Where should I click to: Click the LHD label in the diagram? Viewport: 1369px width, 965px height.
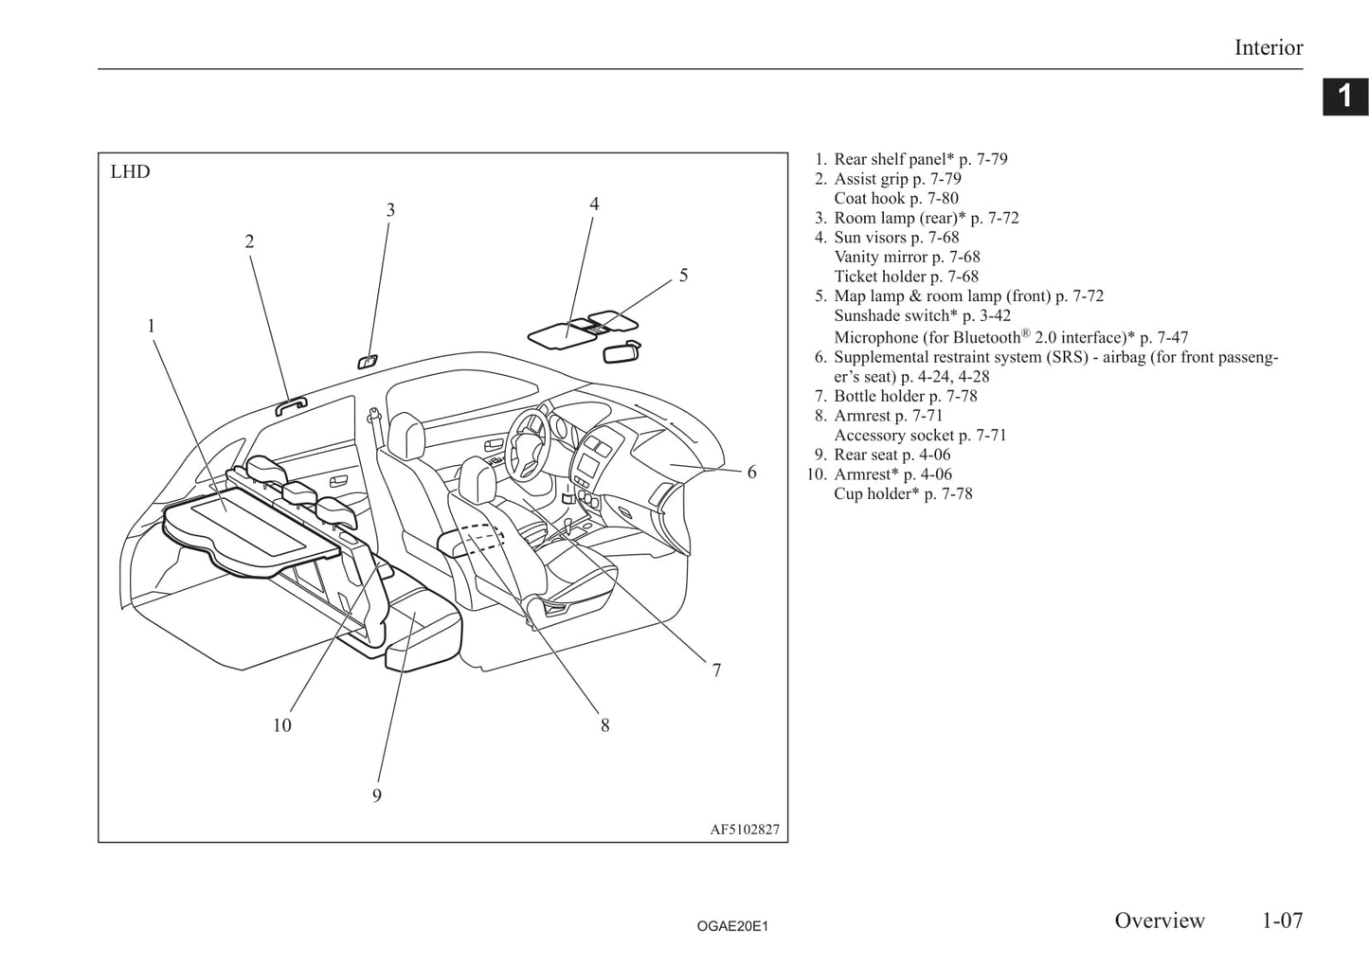pos(130,172)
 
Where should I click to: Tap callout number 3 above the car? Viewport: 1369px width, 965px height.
pos(390,210)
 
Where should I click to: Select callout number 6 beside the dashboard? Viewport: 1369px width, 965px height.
pos(751,472)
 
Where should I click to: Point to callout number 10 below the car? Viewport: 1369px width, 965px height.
pos(281,725)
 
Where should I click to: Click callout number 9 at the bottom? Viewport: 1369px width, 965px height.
pos(377,795)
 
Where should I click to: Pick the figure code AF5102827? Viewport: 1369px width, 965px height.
pos(745,830)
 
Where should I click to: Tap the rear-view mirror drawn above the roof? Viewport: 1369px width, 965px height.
pos(621,350)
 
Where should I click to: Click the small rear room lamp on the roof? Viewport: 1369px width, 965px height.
pos(367,361)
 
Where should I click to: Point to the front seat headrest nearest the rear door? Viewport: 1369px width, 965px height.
pos(405,436)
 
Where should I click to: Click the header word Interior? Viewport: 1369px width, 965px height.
pos(1268,47)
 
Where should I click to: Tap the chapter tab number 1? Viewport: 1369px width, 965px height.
pos(1344,97)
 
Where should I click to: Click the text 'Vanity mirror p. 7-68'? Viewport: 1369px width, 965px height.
pos(907,257)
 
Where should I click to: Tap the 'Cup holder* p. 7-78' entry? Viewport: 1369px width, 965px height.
pos(903,493)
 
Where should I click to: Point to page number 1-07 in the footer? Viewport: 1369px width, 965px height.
pos(1281,920)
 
